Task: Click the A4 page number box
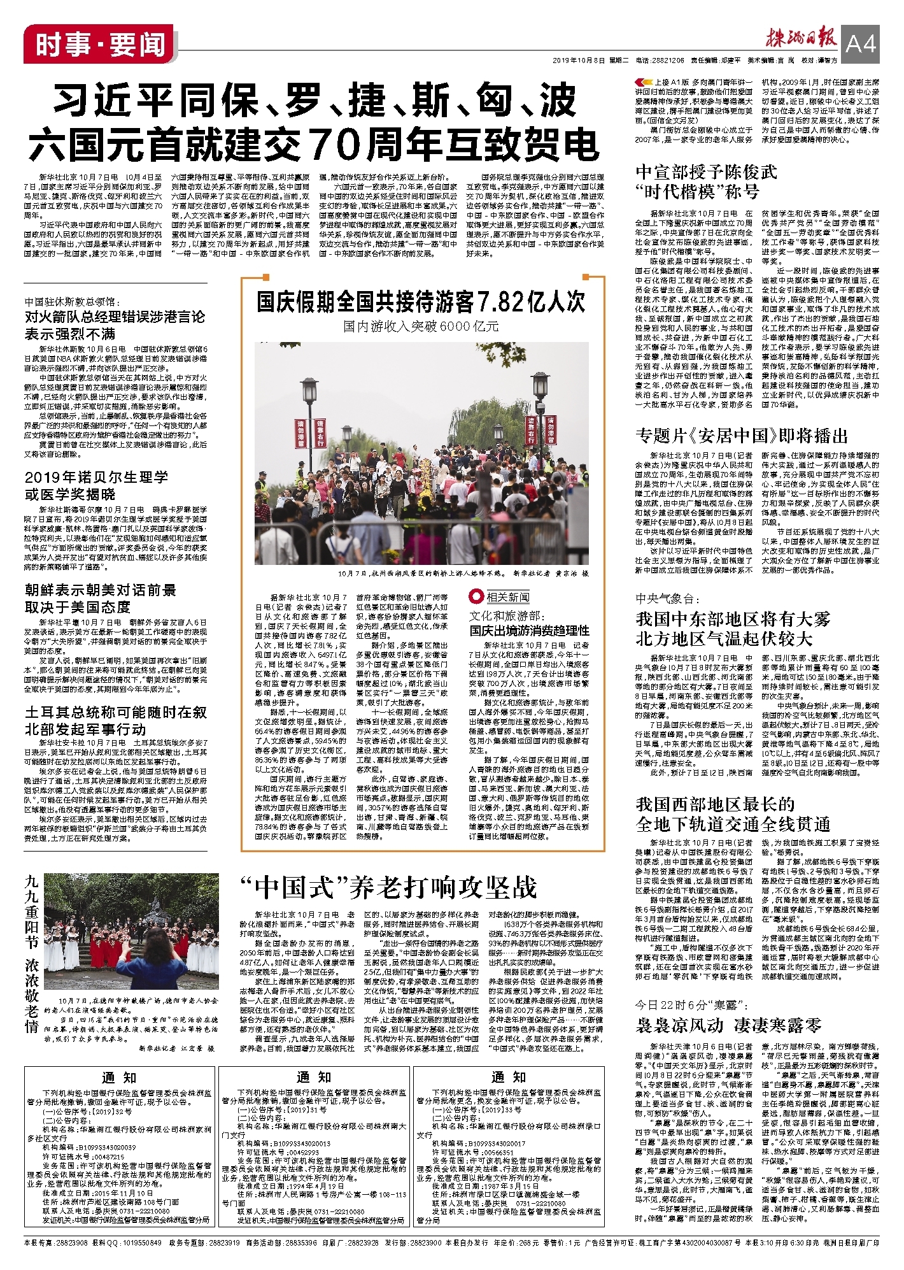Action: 861,43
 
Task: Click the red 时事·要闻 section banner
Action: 99,45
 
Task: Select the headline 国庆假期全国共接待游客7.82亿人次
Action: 421,301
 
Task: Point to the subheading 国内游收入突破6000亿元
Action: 421,327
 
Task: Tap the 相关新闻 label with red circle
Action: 501,597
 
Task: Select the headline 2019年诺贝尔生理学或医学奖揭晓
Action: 97,485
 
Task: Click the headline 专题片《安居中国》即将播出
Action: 742,436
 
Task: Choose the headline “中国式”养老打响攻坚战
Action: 388,887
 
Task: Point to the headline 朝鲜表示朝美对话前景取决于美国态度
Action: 101,598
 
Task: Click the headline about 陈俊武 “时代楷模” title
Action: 706,181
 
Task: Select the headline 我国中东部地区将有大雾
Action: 733,618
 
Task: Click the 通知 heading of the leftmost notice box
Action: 119,1077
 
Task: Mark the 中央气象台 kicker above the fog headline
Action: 668,599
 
